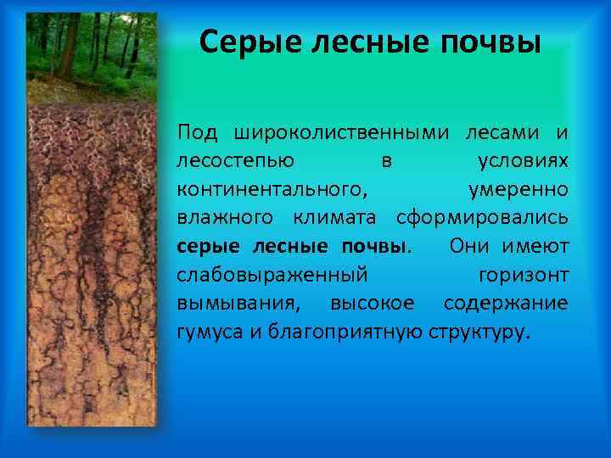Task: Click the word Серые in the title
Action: [246, 41]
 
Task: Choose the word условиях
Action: [523, 160]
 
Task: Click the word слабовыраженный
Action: [272, 275]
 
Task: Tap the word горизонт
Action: [524, 275]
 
